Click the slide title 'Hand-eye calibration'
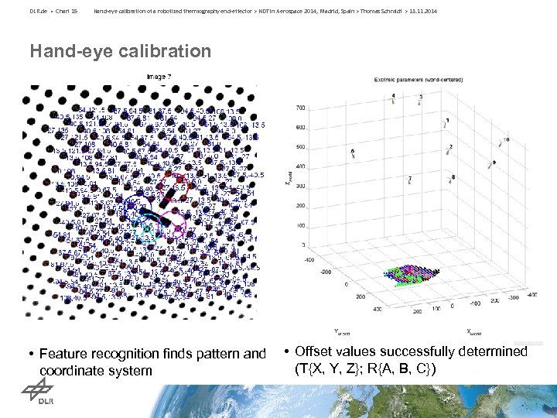(120, 52)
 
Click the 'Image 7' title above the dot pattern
(159, 76)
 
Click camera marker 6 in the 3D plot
(353, 154)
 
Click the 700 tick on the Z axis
(300, 108)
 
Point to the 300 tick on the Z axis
(300, 187)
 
